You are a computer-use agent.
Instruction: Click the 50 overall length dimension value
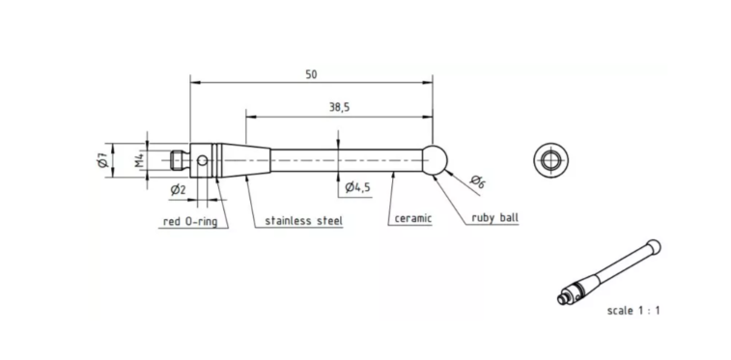pyautogui.click(x=311, y=74)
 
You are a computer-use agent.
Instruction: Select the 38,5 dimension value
pyautogui.click(x=339, y=107)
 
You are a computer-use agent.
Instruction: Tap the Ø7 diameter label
pyautogui.click(x=103, y=160)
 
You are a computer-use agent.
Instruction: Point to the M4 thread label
pyautogui.click(x=139, y=160)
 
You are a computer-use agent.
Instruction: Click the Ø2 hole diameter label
pyautogui.click(x=178, y=189)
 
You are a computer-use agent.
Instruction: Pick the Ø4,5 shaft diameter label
pyautogui.click(x=357, y=187)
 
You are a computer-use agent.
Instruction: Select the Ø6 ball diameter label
pyautogui.click(x=477, y=181)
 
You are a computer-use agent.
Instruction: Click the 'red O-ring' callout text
pyautogui.click(x=190, y=222)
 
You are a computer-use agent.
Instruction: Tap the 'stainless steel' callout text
pyautogui.click(x=303, y=220)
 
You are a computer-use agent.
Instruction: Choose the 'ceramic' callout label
pyautogui.click(x=413, y=218)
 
